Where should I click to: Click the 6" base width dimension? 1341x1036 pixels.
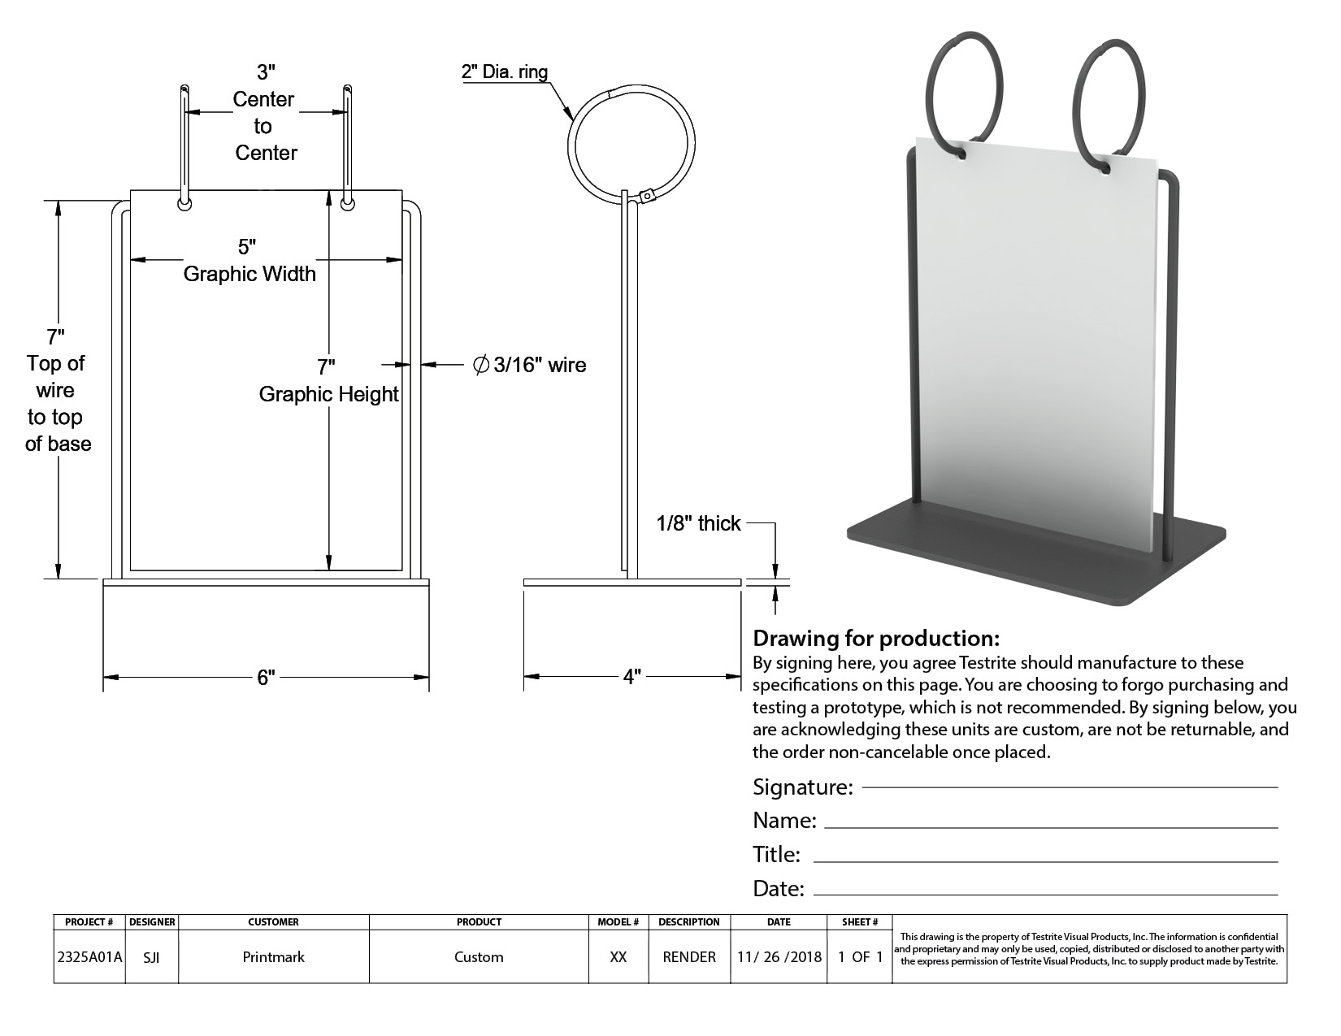tap(266, 677)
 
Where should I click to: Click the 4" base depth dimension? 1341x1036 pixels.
tap(632, 677)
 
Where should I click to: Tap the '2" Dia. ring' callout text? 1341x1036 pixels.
tap(504, 72)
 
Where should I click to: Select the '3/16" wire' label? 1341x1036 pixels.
tap(540, 365)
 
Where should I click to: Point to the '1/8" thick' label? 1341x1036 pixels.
tap(698, 523)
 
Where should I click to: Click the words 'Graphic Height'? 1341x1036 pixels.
tap(328, 394)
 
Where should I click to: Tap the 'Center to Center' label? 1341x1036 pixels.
tap(264, 126)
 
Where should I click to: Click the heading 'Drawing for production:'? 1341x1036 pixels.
tap(875, 638)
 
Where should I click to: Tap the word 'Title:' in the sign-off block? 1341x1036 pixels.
tap(776, 855)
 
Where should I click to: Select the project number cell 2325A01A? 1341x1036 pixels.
tap(89, 956)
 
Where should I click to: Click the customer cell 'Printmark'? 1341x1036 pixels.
tap(273, 956)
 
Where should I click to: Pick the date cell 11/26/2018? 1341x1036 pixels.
tap(779, 956)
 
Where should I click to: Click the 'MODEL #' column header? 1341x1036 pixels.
tap(618, 921)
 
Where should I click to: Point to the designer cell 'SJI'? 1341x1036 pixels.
tap(151, 956)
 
